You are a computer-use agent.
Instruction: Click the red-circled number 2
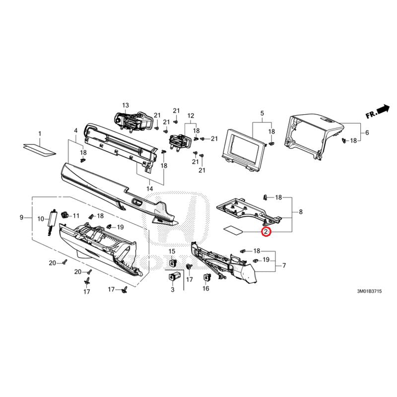pos(266,232)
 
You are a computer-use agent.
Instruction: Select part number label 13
pos(126,105)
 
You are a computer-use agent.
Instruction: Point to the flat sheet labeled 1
pos(40,150)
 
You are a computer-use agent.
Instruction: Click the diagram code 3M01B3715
pos(369,291)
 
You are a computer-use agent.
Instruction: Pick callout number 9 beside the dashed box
pos(21,217)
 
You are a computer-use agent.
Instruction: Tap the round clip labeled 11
pos(65,215)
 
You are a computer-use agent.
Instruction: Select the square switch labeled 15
pos(172,263)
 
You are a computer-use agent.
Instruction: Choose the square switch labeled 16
pos(206,278)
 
